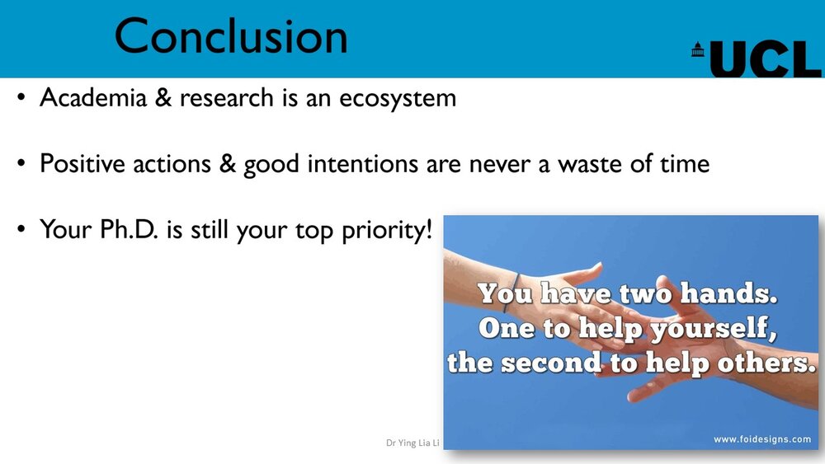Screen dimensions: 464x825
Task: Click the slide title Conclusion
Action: [x=231, y=36]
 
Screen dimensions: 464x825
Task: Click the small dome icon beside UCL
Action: [x=698, y=49]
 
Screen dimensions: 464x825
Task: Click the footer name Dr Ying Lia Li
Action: [x=413, y=443]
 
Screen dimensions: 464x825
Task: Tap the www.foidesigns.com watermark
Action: [x=761, y=439]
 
